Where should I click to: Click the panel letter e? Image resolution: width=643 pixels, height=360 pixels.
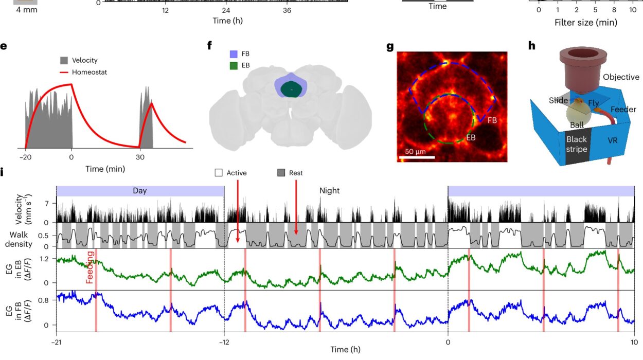(x=4, y=46)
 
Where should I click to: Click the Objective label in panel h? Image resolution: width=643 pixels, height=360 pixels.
(x=621, y=77)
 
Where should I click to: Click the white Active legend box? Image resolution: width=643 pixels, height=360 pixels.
(x=218, y=173)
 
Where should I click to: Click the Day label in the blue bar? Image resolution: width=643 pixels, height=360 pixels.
(x=139, y=190)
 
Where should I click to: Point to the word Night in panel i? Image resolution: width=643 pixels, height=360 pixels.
(x=329, y=190)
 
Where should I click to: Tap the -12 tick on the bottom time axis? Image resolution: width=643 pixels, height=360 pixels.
(x=224, y=341)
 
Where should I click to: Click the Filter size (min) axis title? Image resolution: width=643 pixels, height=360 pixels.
(x=586, y=22)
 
